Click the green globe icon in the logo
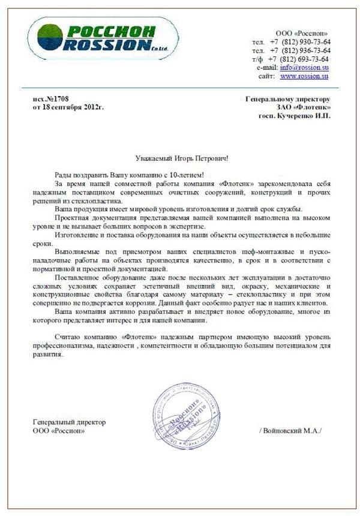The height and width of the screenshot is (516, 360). tap(50, 37)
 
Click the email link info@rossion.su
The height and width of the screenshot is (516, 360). tap(304, 68)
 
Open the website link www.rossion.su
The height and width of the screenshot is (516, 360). tap(304, 77)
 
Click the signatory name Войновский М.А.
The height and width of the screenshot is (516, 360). tap(292, 431)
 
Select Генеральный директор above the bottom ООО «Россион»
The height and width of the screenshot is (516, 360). tap(70, 422)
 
